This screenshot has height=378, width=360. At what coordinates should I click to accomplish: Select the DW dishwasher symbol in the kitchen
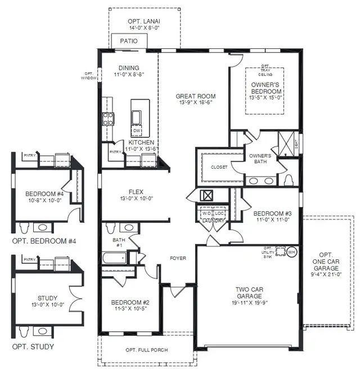click(136, 130)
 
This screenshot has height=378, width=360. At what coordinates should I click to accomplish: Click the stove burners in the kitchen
click(107, 119)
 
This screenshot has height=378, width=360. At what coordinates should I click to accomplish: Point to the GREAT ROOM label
click(195, 96)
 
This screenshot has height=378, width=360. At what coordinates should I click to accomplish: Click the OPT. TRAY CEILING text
click(266, 72)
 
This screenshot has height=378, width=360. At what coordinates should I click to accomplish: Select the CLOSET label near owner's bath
click(219, 167)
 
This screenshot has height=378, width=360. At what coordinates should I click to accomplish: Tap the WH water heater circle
click(291, 253)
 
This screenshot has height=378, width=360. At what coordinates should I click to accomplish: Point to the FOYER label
click(178, 259)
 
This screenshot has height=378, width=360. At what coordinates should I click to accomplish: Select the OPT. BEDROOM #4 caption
click(44, 241)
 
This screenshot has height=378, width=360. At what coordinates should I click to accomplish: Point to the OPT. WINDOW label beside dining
click(89, 76)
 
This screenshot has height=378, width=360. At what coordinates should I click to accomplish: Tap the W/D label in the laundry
click(206, 214)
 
